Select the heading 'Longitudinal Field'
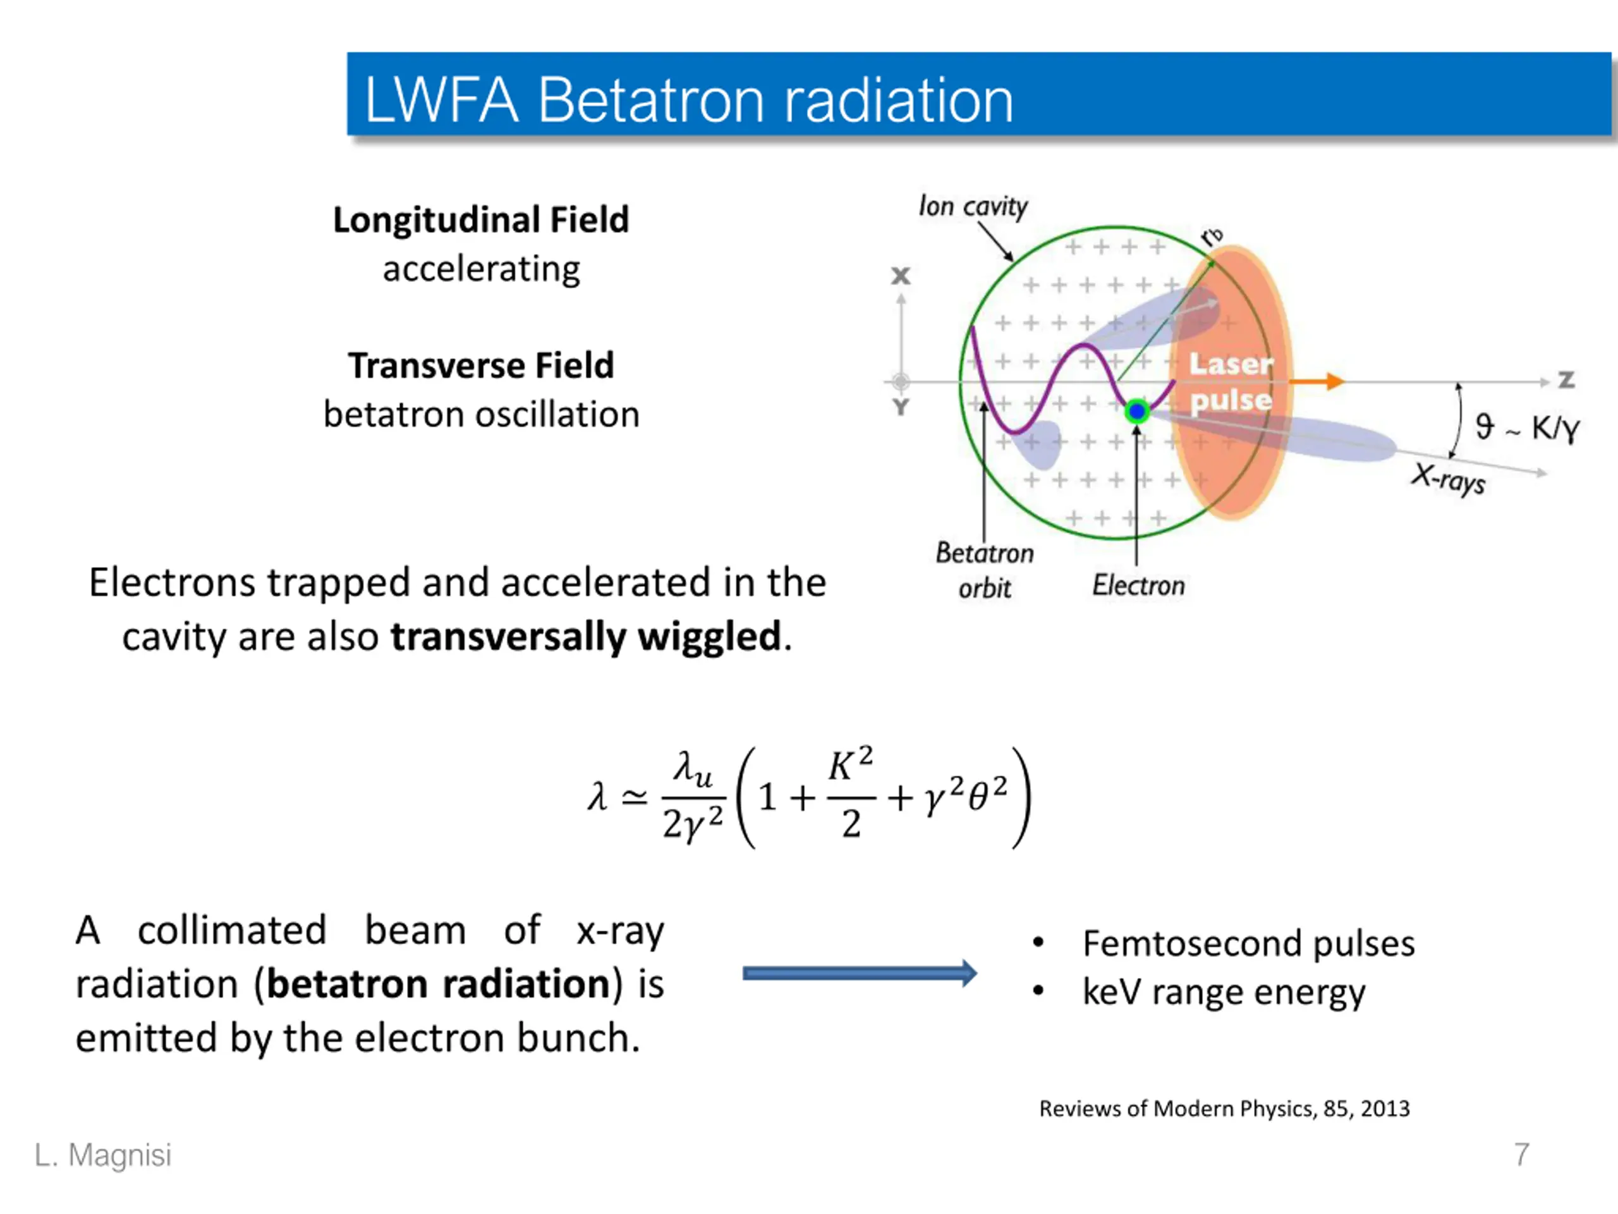(x=480, y=219)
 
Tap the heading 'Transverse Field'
(x=480, y=365)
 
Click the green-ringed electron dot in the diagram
(x=1136, y=411)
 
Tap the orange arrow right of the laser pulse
(x=1317, y=381)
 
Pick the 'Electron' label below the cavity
(x=1138, y=586)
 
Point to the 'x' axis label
(x=901, y=276)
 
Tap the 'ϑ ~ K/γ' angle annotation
(x=1527, y=427)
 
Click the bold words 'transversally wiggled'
(x=586, y=636)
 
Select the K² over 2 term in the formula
(x=851, y=794)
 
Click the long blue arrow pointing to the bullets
(x=860, y=973)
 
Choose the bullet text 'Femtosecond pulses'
(x=1248, y=943)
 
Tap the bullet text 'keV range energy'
(x=1223, y=992)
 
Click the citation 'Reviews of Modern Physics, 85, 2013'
(x=1224, y=1108)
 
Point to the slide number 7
(x=1521, y=1154)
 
